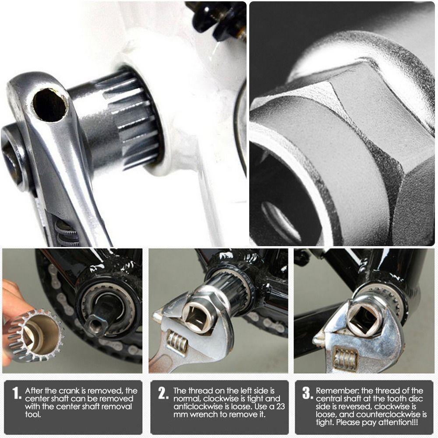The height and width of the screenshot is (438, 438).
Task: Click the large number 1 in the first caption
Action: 17,393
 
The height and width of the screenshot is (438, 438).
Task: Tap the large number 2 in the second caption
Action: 163,393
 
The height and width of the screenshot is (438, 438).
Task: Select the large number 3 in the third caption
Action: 307,393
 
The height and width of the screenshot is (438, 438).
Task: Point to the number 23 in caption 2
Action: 280,406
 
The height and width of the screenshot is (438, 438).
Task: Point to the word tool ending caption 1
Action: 33,414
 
